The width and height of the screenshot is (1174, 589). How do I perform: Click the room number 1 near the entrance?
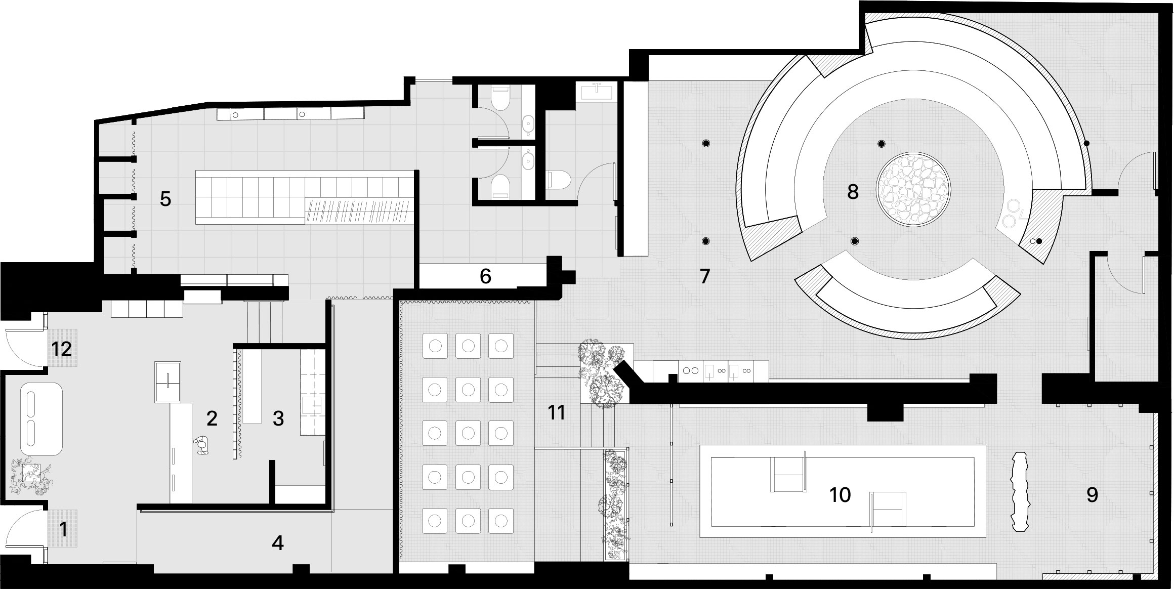click(63, 530)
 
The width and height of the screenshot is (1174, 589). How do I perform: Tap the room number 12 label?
click(62, 349)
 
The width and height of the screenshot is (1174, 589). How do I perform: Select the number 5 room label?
click(165, 199)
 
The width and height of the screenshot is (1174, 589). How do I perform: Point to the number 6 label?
click(485, 276)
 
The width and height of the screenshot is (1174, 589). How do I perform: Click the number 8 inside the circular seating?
click(853, 192)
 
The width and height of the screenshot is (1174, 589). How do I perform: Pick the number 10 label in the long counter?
click(840, 495)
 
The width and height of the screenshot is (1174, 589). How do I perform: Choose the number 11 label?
click(557, 413)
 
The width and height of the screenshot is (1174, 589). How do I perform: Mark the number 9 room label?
click(1092, 495)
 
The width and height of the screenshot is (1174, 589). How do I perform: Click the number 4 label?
click(277, 543)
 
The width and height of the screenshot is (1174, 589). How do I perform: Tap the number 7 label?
click(705, 276)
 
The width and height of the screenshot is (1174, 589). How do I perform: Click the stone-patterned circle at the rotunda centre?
click(913, 190)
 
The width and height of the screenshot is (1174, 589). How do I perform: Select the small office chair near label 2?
click(202, 445)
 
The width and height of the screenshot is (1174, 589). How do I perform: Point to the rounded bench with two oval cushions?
click(41, 419)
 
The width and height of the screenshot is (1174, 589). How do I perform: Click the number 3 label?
click(278, 419)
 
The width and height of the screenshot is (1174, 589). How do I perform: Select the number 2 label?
click(212, 418)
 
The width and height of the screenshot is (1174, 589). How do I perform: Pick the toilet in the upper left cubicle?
click(500, 100)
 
